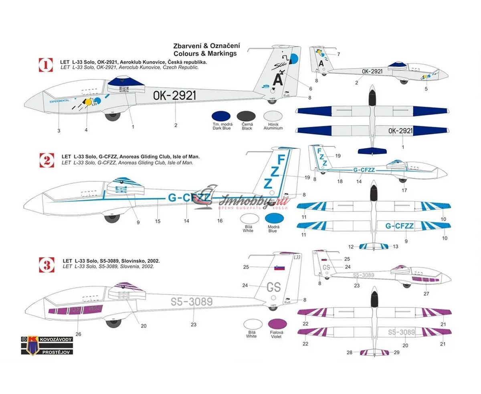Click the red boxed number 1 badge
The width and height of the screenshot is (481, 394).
[46, 65]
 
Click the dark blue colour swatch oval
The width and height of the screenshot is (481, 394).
[222, 117]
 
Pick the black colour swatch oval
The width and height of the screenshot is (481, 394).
[247, 117]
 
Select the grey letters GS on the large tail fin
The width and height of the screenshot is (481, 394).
[274, 287]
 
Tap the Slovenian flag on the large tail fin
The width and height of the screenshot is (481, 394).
[279, 268]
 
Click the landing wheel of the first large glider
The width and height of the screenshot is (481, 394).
[113, 116]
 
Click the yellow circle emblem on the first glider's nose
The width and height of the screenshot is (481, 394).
[87, 103]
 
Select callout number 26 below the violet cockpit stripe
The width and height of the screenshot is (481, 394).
[78, 334]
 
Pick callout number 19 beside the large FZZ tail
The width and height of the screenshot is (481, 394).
[307, 177]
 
